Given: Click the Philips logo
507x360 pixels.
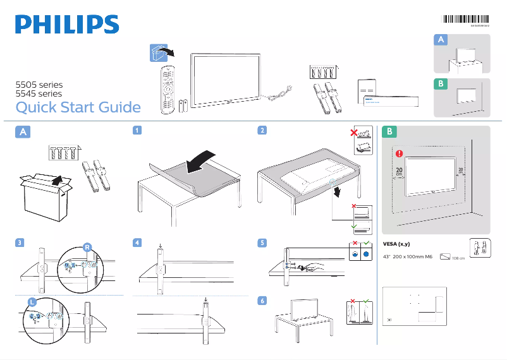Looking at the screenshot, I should [67, 25].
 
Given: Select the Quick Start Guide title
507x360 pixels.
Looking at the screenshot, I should [78, 107].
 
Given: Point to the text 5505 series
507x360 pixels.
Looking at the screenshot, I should [39, 84].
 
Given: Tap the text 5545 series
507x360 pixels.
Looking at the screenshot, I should [39, 93].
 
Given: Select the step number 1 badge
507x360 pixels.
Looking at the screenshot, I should [137, 131].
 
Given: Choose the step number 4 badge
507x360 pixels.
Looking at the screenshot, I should [137, 243].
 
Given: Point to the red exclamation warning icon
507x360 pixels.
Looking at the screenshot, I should [399, 153].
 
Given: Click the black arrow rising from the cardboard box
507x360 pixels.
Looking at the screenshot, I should [57, 181].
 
